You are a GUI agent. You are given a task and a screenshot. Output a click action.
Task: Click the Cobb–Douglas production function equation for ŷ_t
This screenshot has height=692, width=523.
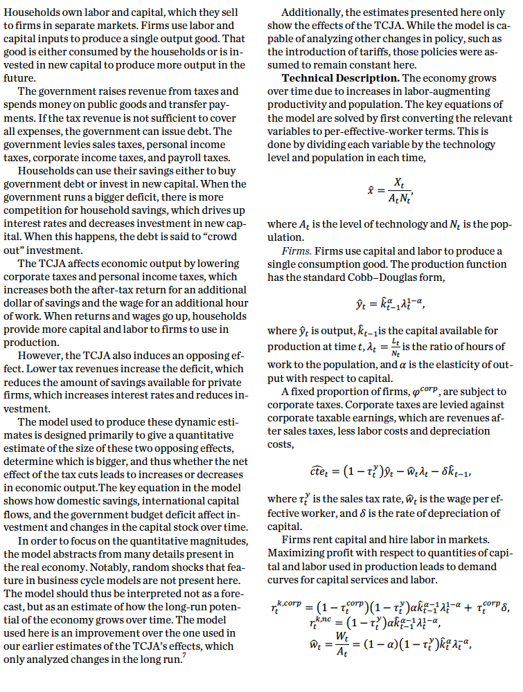pyautogui.click(x=392, y=302)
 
